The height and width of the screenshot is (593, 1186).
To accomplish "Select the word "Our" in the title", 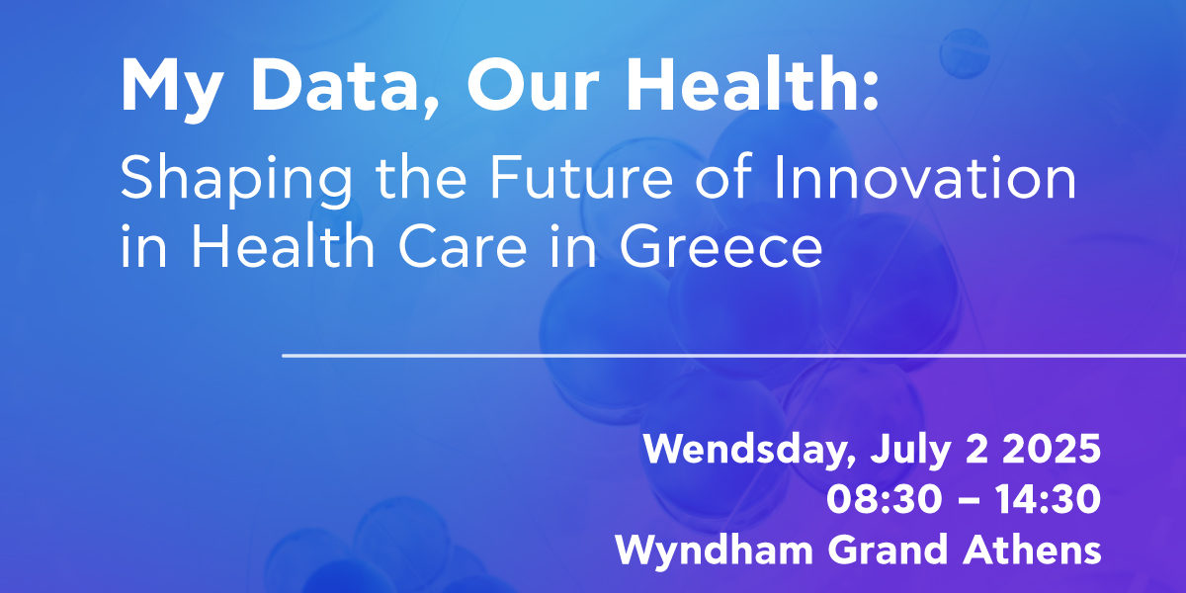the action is click(x=533, y=84).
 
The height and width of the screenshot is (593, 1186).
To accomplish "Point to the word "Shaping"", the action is click(x=236, y=181).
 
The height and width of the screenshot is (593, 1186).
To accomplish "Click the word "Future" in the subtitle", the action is click(x=581, y=177).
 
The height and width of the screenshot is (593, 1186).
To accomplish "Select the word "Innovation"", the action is click(x=925, y=176).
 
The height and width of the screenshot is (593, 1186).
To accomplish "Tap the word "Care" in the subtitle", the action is click(x=462, y=246).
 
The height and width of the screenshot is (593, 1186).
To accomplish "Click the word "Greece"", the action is click(x=720, y=246).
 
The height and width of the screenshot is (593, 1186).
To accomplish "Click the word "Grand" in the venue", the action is click(x=888, y=550).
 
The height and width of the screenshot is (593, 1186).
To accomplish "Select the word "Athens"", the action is click(x=1032, y=550).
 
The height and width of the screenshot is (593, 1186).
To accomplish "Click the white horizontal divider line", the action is click(x=733, y=356).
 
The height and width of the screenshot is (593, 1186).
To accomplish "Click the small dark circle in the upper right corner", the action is click(x=965, y=53).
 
